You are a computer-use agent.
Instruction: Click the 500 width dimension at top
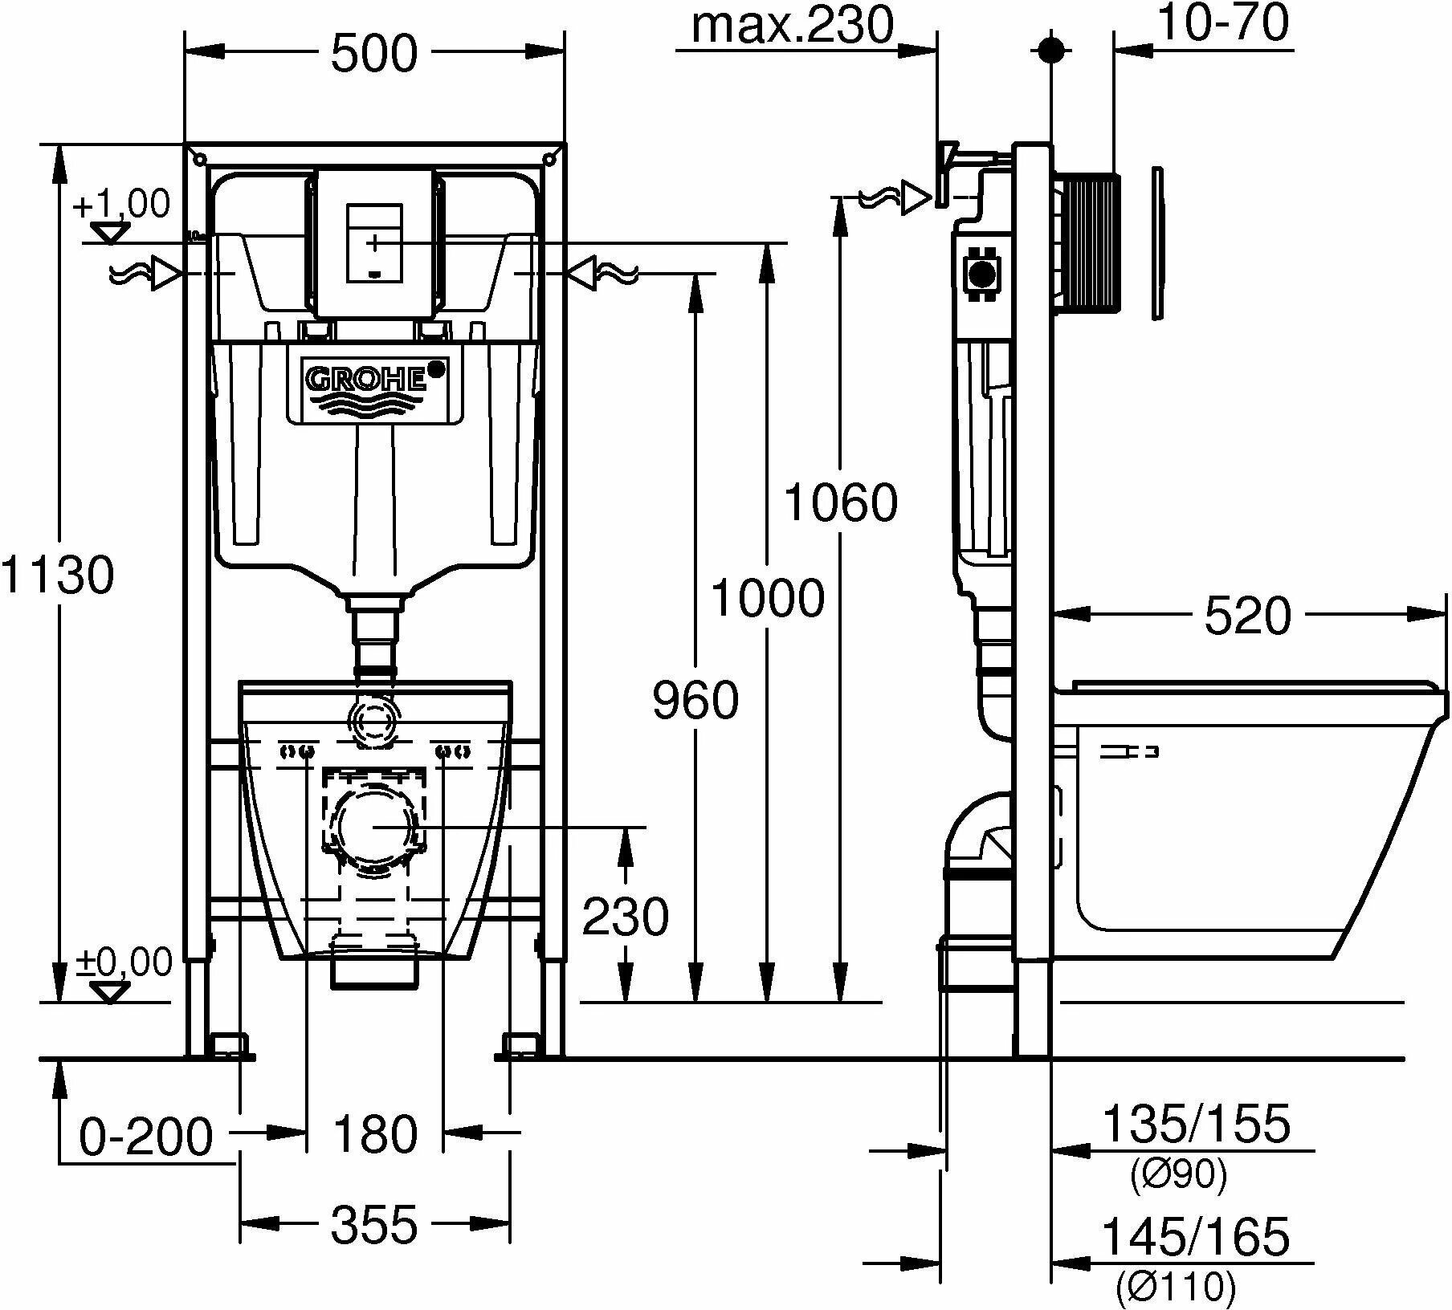point(374,54)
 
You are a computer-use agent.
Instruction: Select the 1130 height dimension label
point(58,575)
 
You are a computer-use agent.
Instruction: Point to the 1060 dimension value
point(840,502)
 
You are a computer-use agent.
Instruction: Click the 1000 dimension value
point(768,599)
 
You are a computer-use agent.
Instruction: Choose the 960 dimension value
point(695,699)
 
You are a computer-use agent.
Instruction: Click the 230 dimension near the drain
point(625,916)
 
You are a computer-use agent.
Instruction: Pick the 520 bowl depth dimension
point(1247,616)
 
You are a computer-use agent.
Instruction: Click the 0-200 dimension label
point(147,1135)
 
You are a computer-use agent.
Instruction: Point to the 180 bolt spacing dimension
point(375,1133)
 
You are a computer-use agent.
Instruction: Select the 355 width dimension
point(375,1225)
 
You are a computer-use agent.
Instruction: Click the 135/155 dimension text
point(1197,1124)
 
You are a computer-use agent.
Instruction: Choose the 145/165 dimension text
point(1197,1236)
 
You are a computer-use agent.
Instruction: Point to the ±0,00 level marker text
point(124,961)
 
